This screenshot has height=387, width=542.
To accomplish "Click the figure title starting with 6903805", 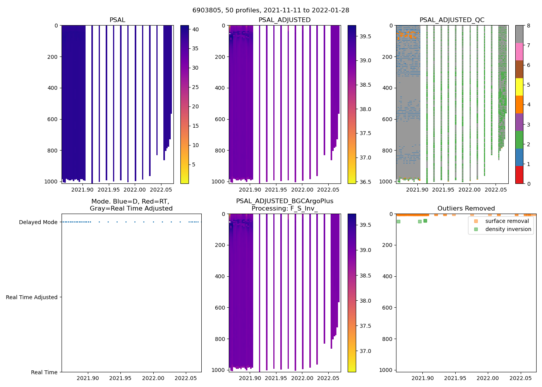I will pos(271,10).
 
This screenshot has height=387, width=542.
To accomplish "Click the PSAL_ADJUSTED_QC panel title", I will pos(452,20).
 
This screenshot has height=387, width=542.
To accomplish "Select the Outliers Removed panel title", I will pos(466,209).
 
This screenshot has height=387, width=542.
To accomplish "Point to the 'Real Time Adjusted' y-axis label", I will pos(31,297).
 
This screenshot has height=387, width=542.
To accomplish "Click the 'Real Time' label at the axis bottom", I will pos(44,372).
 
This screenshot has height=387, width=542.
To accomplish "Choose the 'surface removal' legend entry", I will pos(507,221).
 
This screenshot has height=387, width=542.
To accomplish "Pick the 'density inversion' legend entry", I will pos(508,229).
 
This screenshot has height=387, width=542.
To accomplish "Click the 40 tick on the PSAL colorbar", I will pos(196,29).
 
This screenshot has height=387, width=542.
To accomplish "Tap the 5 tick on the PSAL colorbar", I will pos(196,164).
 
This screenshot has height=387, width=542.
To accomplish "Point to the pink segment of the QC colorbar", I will pos(519,51).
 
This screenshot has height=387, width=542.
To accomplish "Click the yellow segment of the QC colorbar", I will pos(519,87).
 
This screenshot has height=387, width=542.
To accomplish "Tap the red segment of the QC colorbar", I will pos(519,175).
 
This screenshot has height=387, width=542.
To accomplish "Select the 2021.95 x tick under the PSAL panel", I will pos(109,190).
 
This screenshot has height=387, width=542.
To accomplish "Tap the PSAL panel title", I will pos(117,20).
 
